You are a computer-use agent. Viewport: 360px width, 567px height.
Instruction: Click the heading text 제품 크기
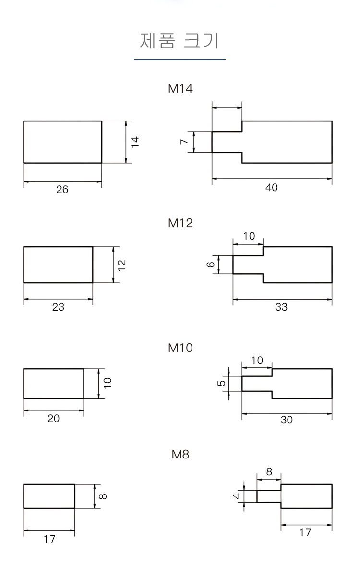(x=179, y=40)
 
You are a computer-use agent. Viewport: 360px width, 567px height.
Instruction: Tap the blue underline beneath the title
(x=180, y=59)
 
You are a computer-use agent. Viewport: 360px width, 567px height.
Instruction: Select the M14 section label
(x=180, y=89)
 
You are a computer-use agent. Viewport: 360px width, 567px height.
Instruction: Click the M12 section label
(x=180, y=223)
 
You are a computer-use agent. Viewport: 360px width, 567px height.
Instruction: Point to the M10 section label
(x=180, y=348)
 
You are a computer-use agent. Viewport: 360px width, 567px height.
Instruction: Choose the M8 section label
(x=180, y=454)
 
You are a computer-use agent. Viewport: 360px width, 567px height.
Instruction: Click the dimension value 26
(x=62, y=189)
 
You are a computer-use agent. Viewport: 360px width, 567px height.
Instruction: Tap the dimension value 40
(x=272, y=187)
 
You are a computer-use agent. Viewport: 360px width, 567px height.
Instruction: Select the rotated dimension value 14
(x=135, y=141)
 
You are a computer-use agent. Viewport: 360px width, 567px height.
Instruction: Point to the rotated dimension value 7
(x=184, y=141)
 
